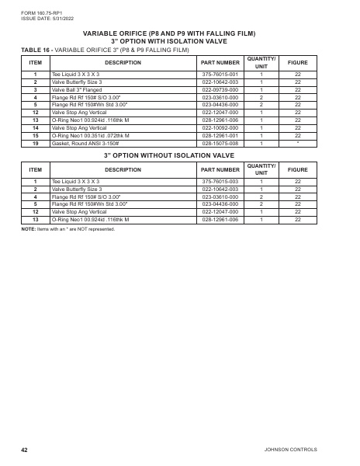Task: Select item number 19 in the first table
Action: pos(36,144)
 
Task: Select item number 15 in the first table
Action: pos(36,136)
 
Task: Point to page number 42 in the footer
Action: pos(25,450)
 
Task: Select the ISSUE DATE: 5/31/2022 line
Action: pos(42,17)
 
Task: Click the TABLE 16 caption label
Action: pos(35,49)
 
